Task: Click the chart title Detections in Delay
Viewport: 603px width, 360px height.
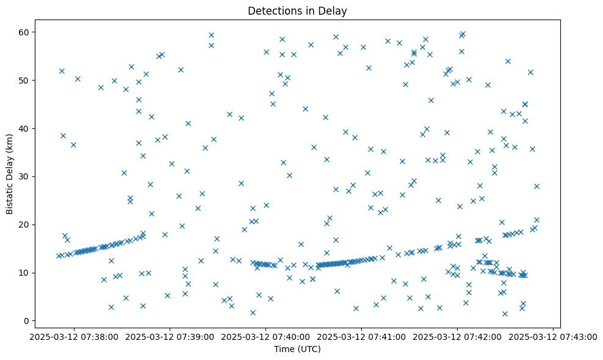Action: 297,11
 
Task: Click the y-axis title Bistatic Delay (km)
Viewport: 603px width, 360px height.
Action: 10,173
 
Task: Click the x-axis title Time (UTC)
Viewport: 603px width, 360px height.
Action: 297,349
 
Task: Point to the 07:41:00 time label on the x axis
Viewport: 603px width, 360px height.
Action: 361,336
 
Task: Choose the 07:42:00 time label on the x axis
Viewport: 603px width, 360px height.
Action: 457,336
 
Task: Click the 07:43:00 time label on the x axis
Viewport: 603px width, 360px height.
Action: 552,336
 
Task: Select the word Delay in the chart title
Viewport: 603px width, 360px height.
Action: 334,11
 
